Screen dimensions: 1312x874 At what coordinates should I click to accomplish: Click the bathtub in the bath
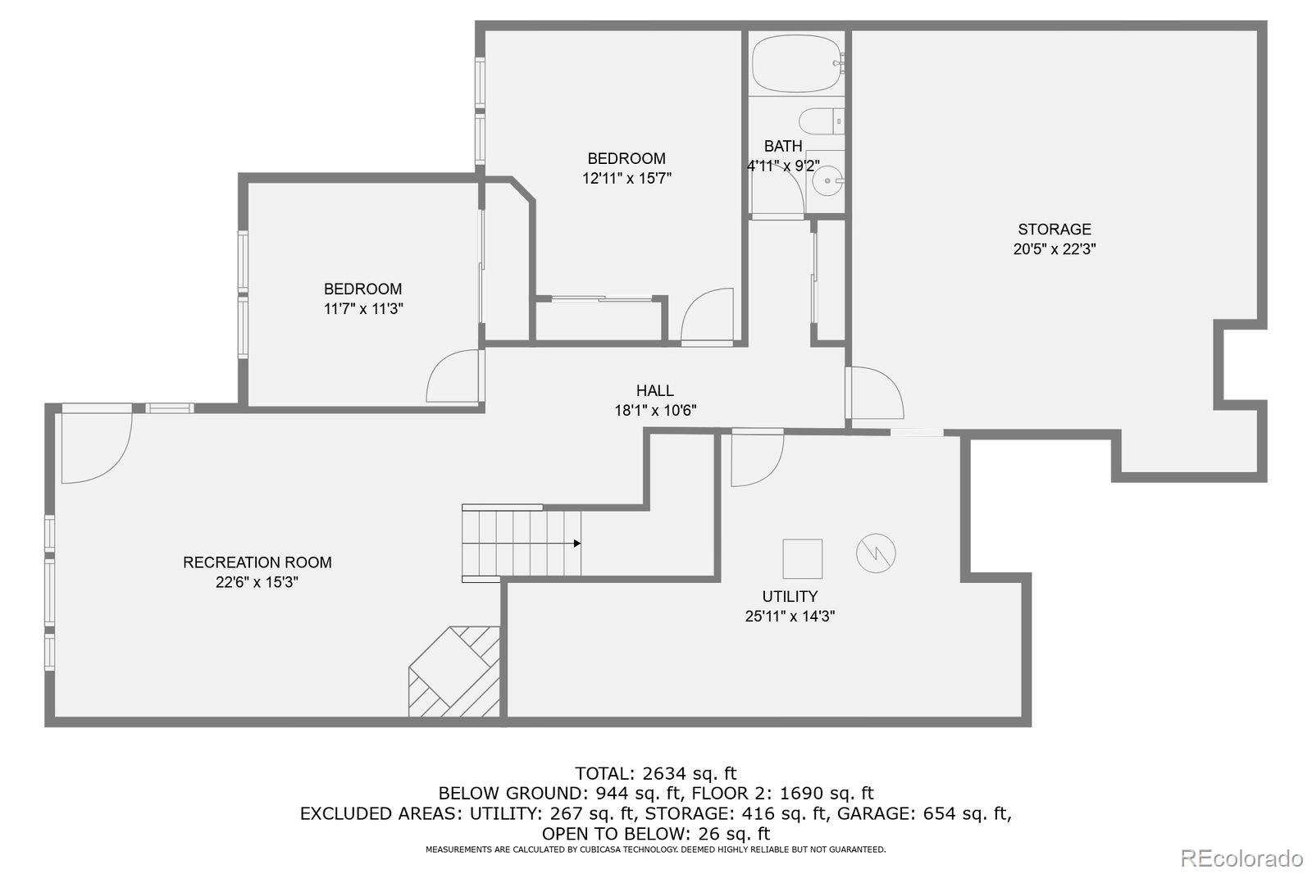click(797, 63)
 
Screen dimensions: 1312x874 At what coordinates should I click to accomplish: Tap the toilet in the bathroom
click(821, 121)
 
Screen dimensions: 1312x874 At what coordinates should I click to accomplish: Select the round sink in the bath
click(827, 181)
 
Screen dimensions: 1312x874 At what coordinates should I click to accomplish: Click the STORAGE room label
click(1055, 229)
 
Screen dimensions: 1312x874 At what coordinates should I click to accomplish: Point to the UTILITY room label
click(790, 596)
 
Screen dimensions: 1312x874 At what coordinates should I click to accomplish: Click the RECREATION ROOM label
click(257, 562)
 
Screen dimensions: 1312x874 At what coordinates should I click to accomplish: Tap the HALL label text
click(655, 390)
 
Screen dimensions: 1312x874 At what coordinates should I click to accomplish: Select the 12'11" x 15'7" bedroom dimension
click(626, 178)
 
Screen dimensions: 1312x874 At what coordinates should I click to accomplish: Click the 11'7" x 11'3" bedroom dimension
click(363, 309)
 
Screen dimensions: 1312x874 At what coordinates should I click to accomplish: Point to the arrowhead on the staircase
click(577, 544)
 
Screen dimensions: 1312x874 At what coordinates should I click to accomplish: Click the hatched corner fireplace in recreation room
click(454, 672)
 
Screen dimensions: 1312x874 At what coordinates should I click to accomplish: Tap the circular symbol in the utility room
click(876, 553)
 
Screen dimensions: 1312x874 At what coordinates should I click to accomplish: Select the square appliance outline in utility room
click(803, 559)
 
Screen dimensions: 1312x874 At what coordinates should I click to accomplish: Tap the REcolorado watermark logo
click(1241, 858)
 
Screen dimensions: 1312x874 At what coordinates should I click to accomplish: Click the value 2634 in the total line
click(664, 774)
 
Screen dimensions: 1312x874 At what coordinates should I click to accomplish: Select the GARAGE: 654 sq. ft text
click(923, 813)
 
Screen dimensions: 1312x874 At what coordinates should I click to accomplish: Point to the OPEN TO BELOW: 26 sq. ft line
click(656, 834)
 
